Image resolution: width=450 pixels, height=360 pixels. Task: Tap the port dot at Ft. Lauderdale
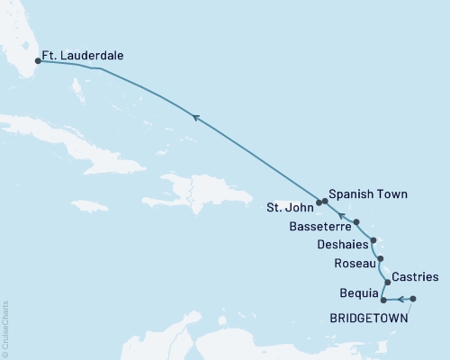(x=37, y=62)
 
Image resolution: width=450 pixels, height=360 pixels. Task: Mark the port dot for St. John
(x=319, y=202)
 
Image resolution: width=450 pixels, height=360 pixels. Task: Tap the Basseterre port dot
(x=357, y=221)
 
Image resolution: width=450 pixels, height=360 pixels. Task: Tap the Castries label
(x=416, y=276)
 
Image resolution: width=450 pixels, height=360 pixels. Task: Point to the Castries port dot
(x=387, y=282)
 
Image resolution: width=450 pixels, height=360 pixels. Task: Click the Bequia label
(x=357, y=294)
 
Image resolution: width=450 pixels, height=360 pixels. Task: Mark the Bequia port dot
(x=383, y=299)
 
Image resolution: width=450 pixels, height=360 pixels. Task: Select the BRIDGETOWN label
(x=369, y=317)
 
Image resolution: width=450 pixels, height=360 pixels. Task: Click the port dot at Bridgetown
(x=412, y=299)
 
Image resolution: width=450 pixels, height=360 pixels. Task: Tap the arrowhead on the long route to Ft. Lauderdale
(x=195, y=115)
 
